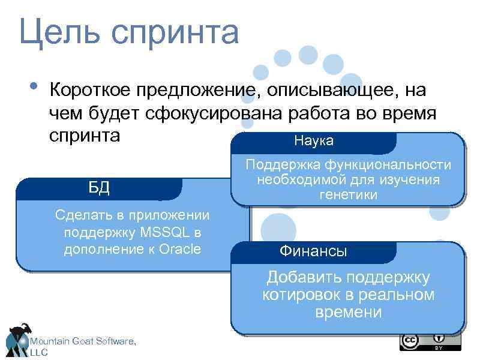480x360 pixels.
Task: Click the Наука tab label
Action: point(314,141)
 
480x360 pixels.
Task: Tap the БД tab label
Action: point(98,187)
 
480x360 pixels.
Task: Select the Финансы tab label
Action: point(313,251)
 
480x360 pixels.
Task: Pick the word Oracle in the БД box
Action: point(181,248)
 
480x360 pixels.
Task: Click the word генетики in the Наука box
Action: point(348,195)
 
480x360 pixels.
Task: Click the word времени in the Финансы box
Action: point(348,312)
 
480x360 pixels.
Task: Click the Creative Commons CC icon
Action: point(410,341)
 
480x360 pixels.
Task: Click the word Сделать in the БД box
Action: point(78,215)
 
